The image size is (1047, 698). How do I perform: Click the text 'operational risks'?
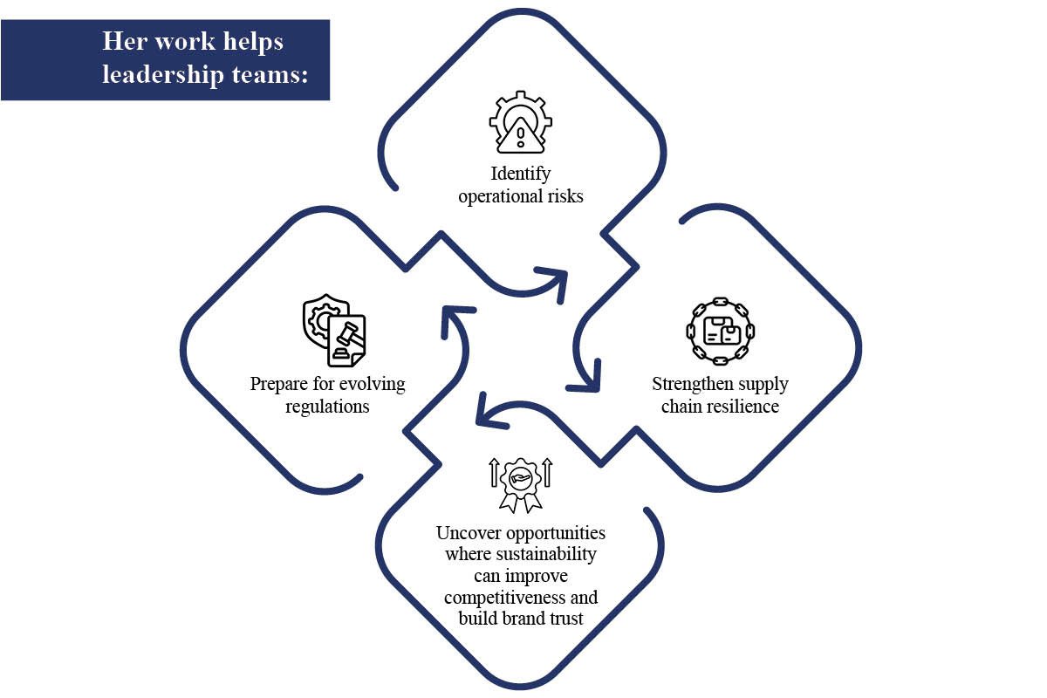coord(521,195)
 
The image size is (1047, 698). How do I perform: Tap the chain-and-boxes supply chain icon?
coord(721,331)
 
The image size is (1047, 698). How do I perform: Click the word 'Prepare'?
coord(278,384)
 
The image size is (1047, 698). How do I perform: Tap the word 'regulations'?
coord(327,407)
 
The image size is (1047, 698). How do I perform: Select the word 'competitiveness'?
coord(521,598)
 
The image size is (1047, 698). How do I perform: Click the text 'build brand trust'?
coord(521,619)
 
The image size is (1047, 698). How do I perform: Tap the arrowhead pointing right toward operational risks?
coord(556,281)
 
